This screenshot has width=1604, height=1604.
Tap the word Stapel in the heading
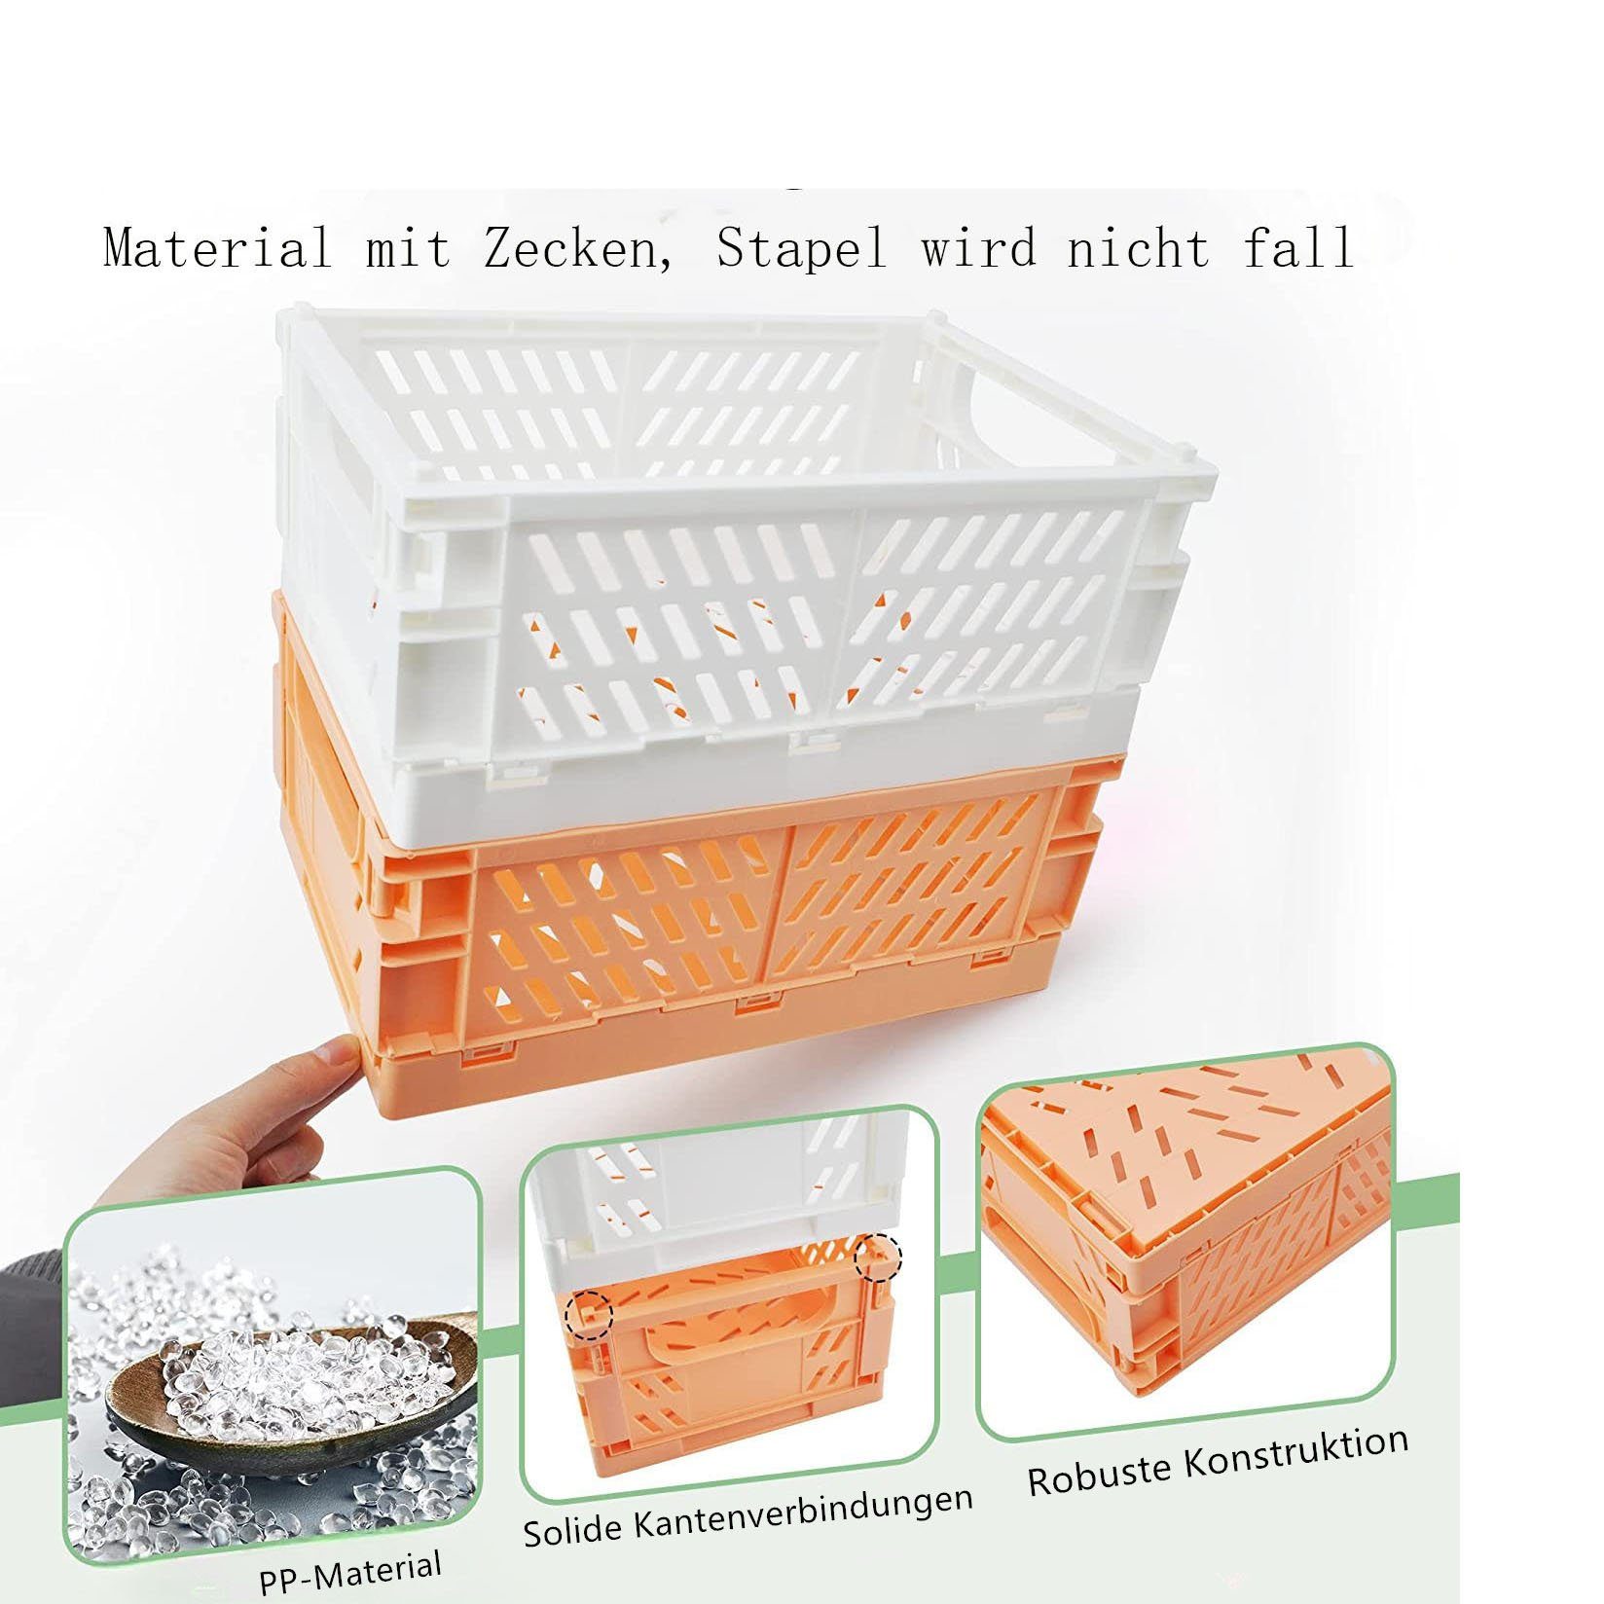tap(802, 248)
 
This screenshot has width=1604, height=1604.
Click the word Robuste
tap(1101, 1475)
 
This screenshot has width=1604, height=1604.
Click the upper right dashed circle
tap(878, 1258)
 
